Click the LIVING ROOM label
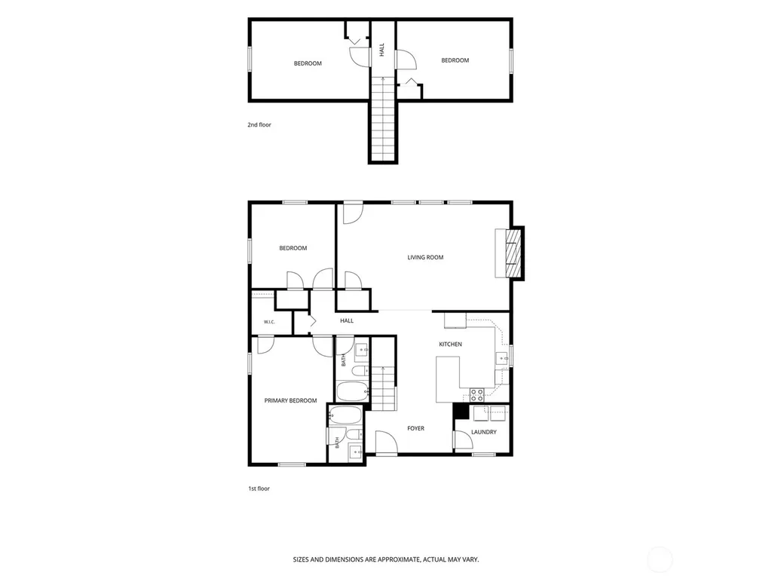pyautogui.click(x=425, y=257)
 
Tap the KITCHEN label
pyautogui.click(x=451, y=344)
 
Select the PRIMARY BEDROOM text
pyautogui.click(x=290, y=400)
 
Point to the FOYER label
pyautogui.click(x=415, y=428)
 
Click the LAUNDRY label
pyautogui.click(x=483, y=432)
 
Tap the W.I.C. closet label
pyautogui.click(x=269, y=322)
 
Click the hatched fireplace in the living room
pyautogui.click(x=513, y=253)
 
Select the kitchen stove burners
pyautogui.click(x=476, y=394)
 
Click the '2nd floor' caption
pyautogui.click(x=259, y=124)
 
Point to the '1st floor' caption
pyautogui.click(x=259, y=489)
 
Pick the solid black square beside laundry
pyautogui.click(x=461, y=411)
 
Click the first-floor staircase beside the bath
pyautogui.click(x=384, y=388)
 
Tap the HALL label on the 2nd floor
pyautogui.click(x=382, y=50)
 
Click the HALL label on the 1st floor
pyautogui.click(x=347, y=320)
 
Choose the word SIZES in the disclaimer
pyautogui.click(x=301, y=559)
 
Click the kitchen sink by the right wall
pyautogui.click(x=501, y=358)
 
